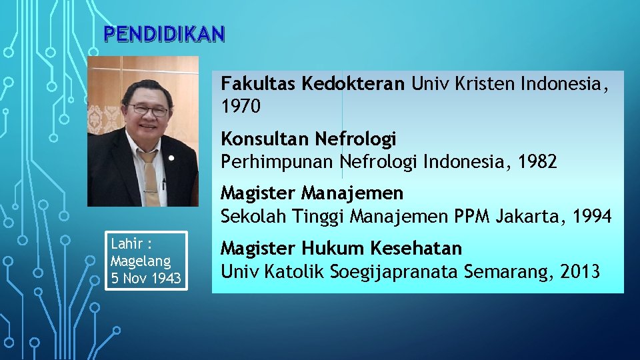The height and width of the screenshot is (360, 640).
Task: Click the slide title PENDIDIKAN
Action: coord(165,34)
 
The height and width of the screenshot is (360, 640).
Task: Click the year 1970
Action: coord(241,106)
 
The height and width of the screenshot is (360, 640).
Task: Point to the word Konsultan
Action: coord(265,139)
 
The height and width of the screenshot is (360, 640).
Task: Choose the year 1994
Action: coord(591,216)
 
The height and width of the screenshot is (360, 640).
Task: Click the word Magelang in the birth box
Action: coord(140,261)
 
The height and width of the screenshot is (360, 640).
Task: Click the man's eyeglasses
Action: coord(148,110)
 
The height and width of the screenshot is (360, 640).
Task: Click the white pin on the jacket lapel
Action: coord(171,159)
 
